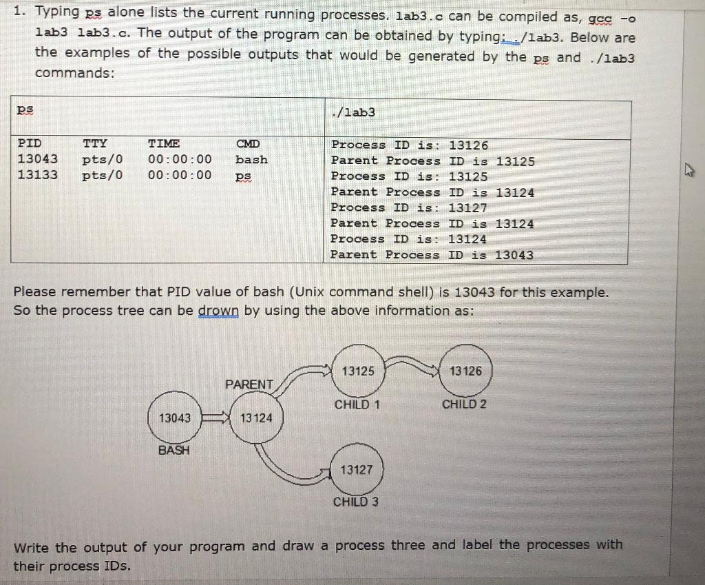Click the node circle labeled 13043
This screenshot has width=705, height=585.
click(x=175, y=418)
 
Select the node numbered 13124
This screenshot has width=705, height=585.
click(x=256, y=418)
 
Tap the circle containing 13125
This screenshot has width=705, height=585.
click(x=358, y=371)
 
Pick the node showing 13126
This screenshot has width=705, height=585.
click(x=465, y=371)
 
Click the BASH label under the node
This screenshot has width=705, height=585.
click(x=174, y=451)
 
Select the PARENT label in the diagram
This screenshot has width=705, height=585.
click(x=249, y=384)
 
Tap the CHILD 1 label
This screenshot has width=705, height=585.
click(x=357, y=404)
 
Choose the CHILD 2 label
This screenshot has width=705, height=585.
click(x=464, y=404)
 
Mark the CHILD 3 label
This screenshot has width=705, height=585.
click(x=355, y=502)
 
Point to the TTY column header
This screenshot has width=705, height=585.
click(x=94, y=144)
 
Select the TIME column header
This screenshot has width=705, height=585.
click(x=164, y=144)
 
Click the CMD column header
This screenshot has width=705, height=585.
click(x=248, y=144)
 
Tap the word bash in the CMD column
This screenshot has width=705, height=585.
click(x=251, y=159)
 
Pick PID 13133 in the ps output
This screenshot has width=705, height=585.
click(x=37, y=175)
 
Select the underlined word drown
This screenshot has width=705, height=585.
click(x=220, y=311)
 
